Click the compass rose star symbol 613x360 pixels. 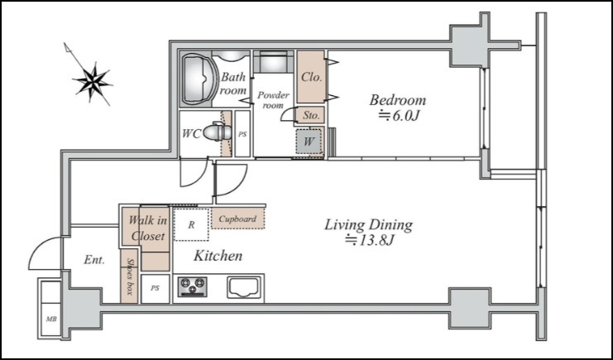point(93,82)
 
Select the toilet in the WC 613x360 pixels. point(218,132)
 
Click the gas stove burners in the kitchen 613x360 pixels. point(193,286)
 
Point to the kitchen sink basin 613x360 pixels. point(244,288)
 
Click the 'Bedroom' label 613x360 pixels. point(398,100)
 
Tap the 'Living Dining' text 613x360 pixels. point(368,225)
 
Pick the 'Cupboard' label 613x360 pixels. point(237,219)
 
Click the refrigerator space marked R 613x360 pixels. point(191,224)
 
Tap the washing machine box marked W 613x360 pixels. point(309,141)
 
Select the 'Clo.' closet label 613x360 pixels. point(312,77)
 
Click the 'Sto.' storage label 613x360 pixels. point(311,116)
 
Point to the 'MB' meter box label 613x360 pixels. point(51,319)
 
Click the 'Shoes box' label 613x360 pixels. point(129,276)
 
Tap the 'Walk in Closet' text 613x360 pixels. point(147,228)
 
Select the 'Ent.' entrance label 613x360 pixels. point(94,260)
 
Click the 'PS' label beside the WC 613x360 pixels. point(242,134)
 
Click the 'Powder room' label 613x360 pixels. point(273,100)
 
